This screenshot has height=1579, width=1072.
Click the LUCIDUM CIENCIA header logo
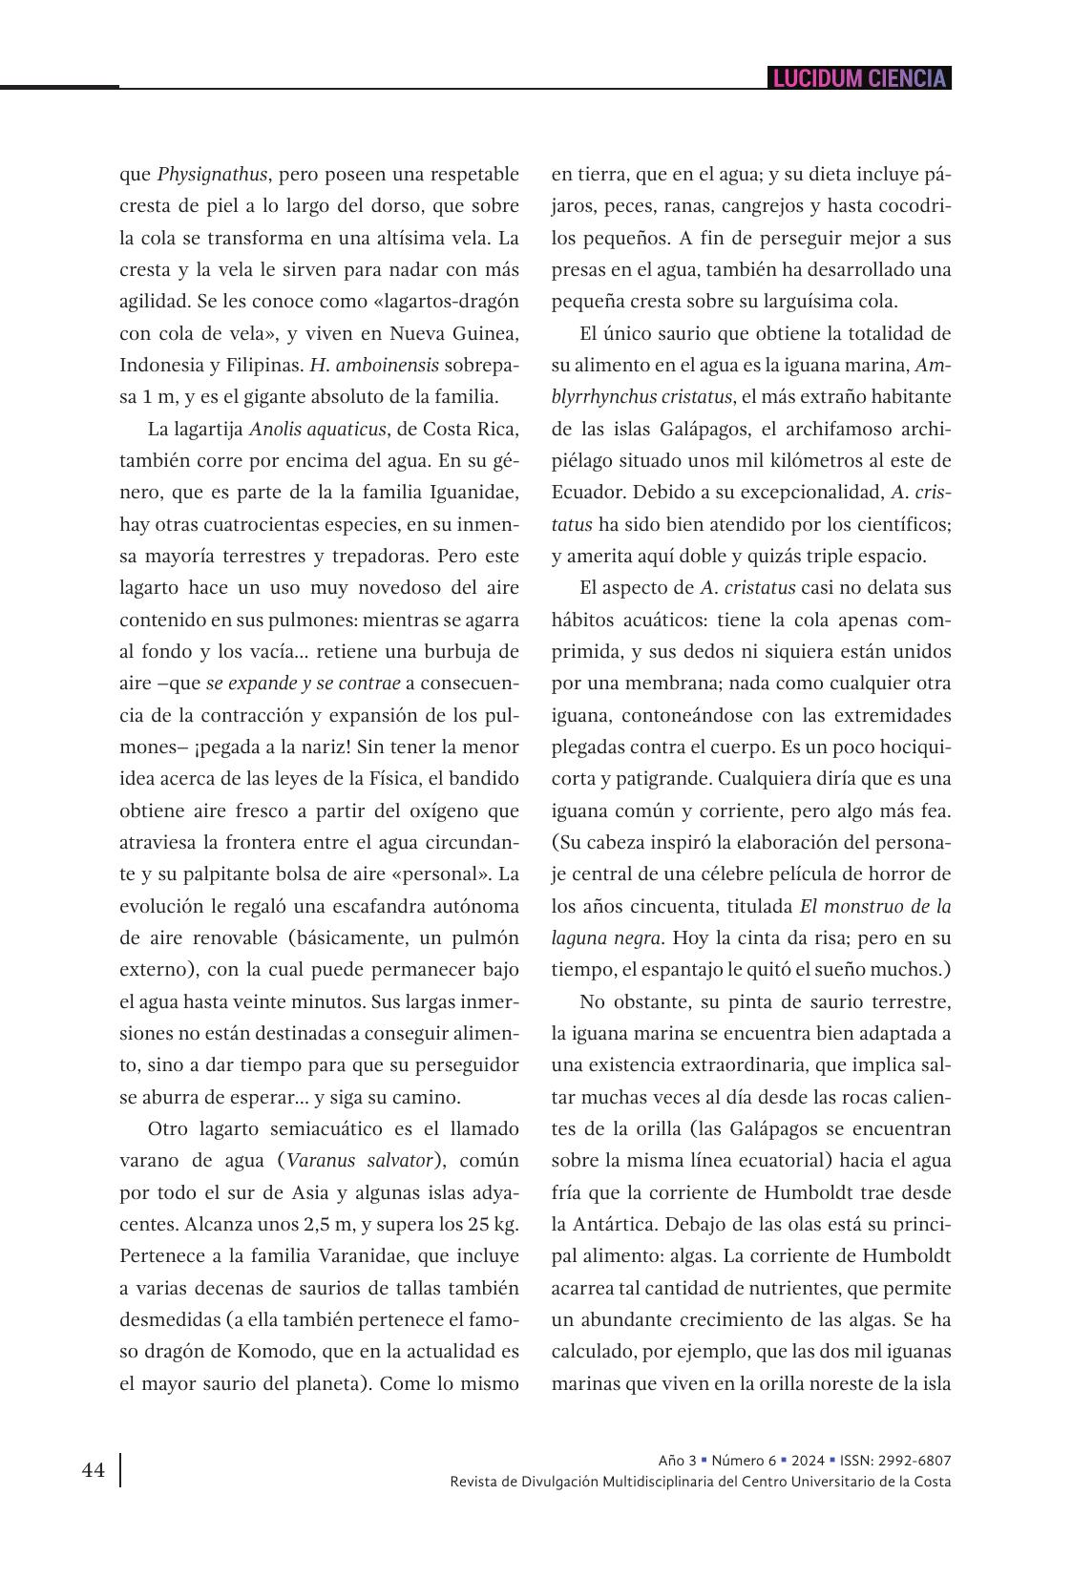(x=859, y=78)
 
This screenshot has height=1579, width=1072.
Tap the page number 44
(x=94, y=1470)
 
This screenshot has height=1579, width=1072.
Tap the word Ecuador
(x=584, y=493)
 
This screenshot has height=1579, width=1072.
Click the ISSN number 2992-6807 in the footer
(x=917, y=1461)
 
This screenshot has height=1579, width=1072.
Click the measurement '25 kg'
(x=492, y=1224)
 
